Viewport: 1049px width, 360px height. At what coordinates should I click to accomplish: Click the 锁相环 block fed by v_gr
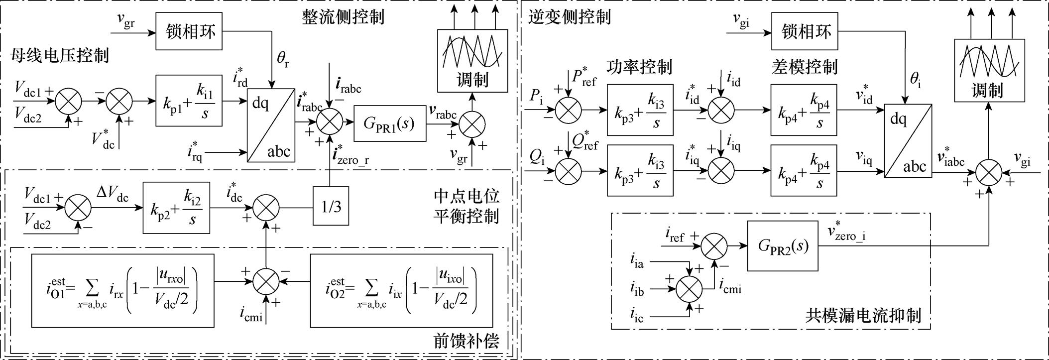pyautogui.click(x=189, y=31)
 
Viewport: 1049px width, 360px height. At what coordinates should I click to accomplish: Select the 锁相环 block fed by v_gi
pyautogui.click(x=805, y=31)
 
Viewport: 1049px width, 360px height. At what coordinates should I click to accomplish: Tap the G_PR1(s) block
pyautogui.click(x=390, y=123)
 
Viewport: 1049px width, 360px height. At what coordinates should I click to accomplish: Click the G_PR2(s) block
pyautogui.click(x=783, y=245)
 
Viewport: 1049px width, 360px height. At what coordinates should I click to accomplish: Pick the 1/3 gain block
pyautogui.click(x=331, y=207)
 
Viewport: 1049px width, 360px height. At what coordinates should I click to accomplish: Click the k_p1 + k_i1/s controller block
pyautogui.click(x=189, y=101)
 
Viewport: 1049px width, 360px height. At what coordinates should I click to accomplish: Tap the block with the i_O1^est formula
pyautogui.click(x=122, y=290)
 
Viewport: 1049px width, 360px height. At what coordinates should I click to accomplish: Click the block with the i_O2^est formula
pyautogui.click(x=401, y=290)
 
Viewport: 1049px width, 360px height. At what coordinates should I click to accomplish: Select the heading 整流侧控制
pyautogui.click(x=343, y=16)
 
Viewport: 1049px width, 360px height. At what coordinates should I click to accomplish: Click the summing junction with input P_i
pyautogui.click(x=568, y=110)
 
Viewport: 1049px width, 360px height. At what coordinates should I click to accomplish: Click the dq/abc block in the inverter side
pyautogui.click(x=908, y=141)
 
